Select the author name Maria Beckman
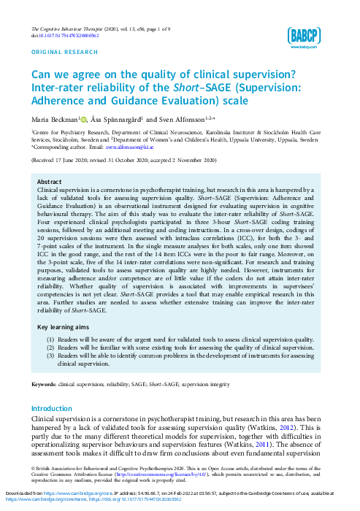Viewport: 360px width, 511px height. tap(51, 119)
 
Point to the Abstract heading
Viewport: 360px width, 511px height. tap(49, 182)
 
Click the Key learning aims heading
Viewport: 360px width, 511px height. tap(65, 328)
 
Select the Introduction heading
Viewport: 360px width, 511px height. tap(53, 408)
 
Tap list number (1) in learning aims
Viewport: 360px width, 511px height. tap(50, 341)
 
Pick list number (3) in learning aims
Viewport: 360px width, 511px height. tap(50, 356)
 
